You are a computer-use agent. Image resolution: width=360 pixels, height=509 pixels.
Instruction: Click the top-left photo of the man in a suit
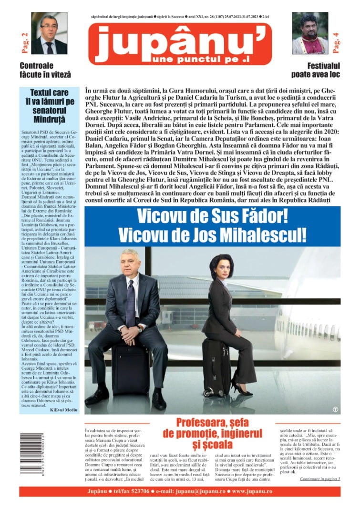point(49,33)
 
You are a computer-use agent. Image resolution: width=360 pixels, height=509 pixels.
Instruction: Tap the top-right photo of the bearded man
point(310,33)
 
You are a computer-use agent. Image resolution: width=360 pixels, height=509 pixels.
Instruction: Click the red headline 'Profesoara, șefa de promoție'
point(212,433)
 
